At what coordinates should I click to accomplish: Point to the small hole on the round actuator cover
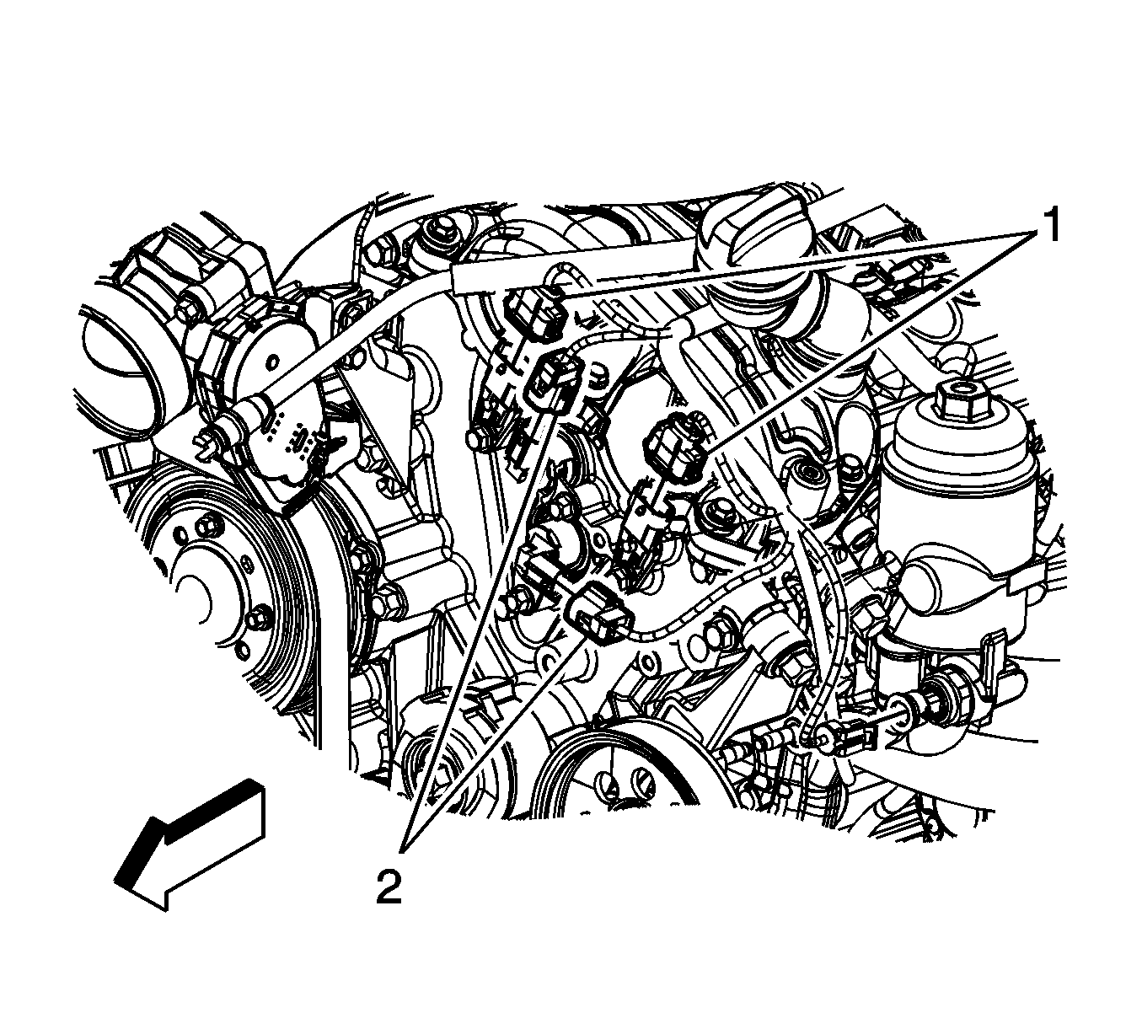point(275,361)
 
